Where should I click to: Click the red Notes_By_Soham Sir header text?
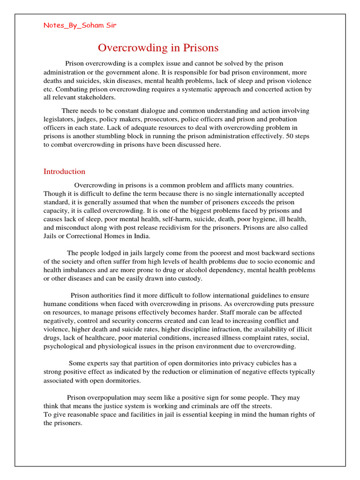(x=80, y=25)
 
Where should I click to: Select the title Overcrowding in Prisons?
(x=158, y=48)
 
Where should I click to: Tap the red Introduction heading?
(x=64, y=172)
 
